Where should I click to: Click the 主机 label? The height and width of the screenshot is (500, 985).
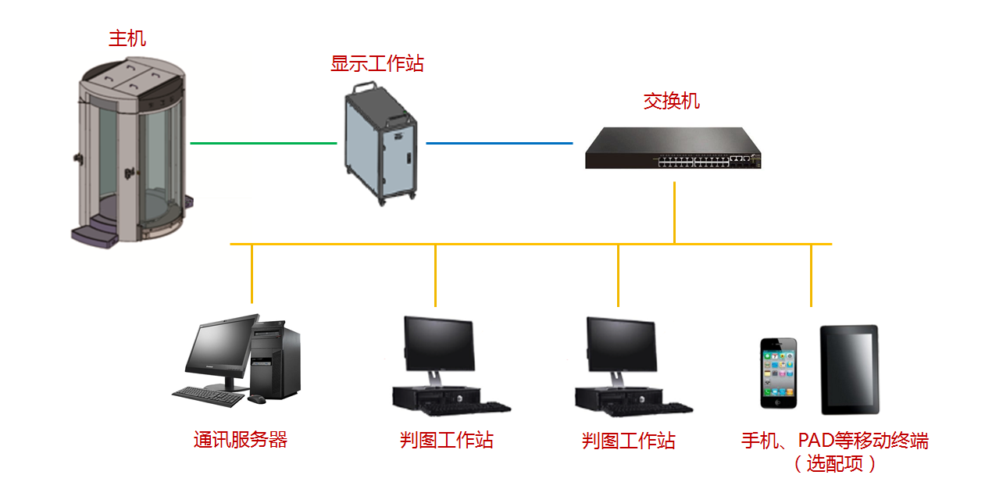[x=127, y=38]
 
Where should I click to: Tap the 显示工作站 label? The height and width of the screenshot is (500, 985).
[x=377, y=63]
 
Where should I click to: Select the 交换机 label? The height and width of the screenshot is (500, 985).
[x=671, y=101]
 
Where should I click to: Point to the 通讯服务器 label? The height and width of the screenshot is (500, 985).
[x=241, y=440]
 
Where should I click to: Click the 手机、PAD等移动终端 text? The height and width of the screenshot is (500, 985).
[x=834, y=441]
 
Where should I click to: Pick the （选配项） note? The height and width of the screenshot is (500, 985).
[x=834, y=464]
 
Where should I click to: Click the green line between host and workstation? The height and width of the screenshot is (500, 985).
[x=263, y=143]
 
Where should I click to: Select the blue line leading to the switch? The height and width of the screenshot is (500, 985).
[x=499, y=143]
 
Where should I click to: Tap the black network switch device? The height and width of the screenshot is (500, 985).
[x=673, y=149]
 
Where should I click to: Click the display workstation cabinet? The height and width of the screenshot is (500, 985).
[x=380, y=145]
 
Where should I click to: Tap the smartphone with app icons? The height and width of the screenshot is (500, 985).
[x=780, y=373]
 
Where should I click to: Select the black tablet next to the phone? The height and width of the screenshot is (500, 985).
[x=849, y=370]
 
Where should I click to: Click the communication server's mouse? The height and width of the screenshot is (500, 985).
[x=256, y=399]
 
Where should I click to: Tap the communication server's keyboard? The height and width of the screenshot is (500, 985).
[x=208, y=396]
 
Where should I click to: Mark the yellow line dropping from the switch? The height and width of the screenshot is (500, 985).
[x=674, y=211]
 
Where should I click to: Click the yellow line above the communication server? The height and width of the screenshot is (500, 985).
[x=252, y=273]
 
